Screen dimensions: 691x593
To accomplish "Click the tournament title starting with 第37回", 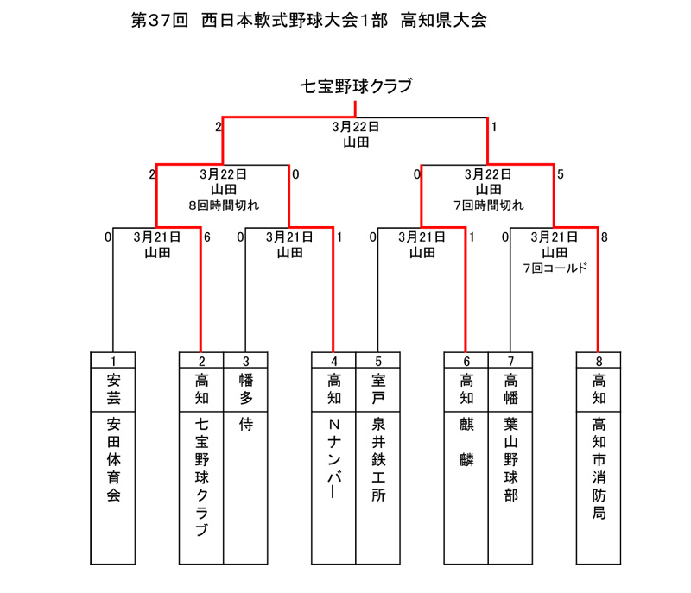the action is click(309, 20).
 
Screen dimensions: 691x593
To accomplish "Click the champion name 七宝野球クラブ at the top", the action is click(356, 85).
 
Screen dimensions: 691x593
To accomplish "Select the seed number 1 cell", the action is click(113, 361).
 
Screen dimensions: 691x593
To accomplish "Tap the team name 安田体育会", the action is click(113, 459).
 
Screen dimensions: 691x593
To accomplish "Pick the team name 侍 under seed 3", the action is click(246, 424).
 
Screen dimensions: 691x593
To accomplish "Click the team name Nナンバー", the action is click(334, 458).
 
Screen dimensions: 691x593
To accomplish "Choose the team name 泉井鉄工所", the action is click(378, 459).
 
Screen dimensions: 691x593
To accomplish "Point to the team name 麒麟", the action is click(466, 442).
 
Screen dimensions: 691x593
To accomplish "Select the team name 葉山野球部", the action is click(510, 459).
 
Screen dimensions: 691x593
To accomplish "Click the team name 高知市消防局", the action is click(599, 469).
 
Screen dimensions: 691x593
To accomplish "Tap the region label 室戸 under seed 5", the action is click(378, 388).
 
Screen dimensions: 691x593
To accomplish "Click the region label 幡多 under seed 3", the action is click(246, 388).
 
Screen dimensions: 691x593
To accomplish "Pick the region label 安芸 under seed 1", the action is click(113, 388).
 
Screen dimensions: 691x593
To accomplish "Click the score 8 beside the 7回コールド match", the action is click(604, 237).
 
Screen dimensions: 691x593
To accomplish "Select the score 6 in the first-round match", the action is click(207, 237).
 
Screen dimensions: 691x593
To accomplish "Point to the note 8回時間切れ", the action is click(224, 205).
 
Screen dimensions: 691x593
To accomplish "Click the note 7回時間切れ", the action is click(489, 205).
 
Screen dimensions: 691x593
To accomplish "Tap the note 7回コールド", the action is click(555, 268).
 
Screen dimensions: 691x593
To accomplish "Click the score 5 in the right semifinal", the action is click(560, 174).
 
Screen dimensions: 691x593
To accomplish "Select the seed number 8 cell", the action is click(599, 361).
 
